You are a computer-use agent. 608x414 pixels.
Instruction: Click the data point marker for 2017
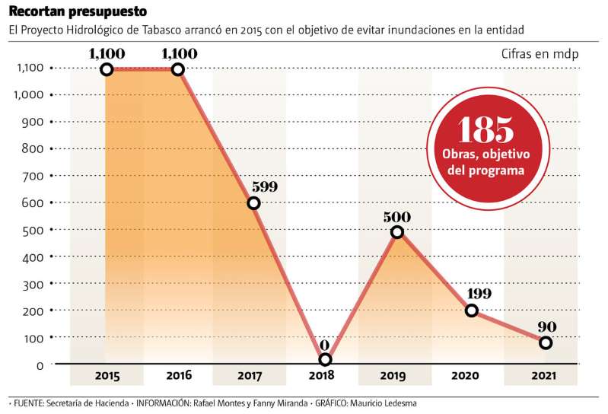pos(254,203)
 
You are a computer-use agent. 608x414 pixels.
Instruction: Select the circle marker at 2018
pos(326,360)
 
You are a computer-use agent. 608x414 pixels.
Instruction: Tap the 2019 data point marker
pos(397,232)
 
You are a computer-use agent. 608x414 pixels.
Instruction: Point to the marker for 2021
pos(546,342)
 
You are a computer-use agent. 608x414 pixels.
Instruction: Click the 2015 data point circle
pos(107,70)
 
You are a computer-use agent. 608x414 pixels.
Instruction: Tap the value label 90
pos(546,327)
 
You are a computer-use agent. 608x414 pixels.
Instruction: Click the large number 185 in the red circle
pos(486,131)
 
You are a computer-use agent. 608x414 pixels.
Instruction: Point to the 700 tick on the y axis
pos(30,176)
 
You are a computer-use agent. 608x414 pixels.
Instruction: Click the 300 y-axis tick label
pos(30,283)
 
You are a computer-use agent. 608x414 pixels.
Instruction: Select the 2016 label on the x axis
pos(179,375)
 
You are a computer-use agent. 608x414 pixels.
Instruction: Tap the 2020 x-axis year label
pos(465,375)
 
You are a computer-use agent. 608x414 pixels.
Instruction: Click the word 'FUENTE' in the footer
pos(29,403)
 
